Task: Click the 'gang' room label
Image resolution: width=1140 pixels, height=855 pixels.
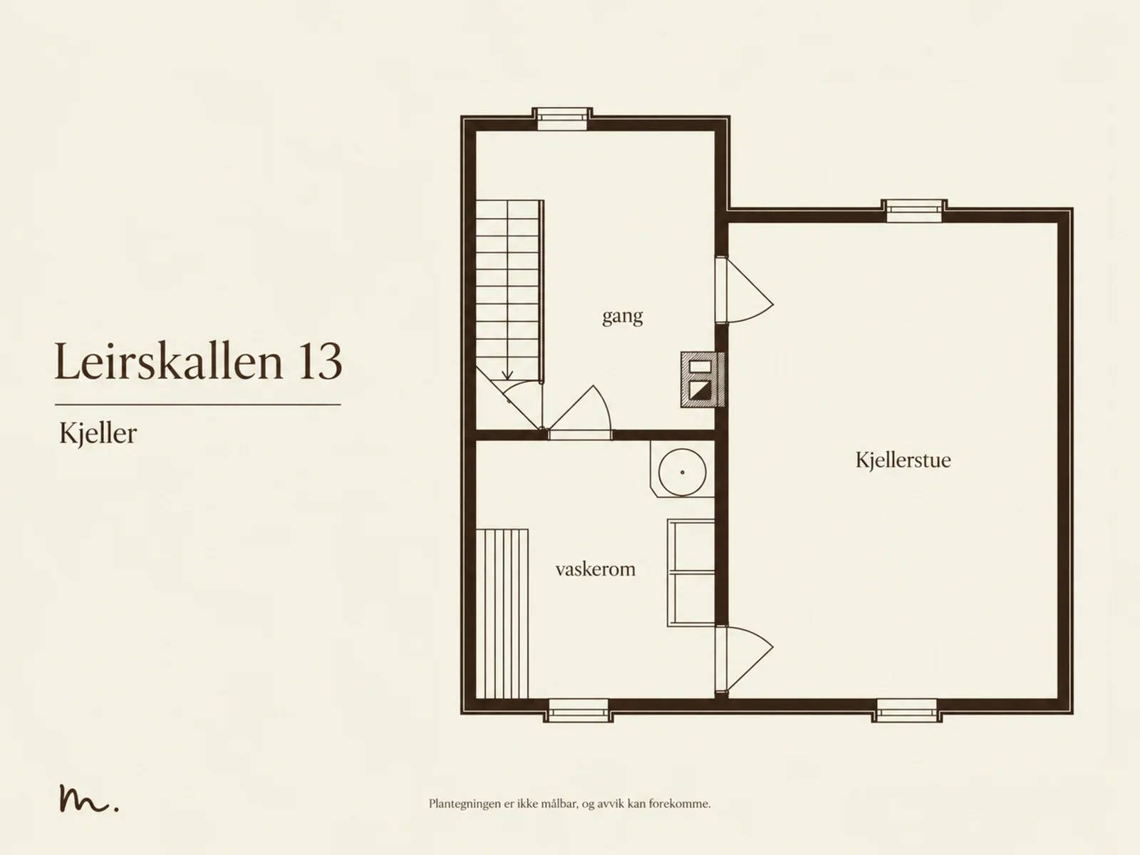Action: [622, 316]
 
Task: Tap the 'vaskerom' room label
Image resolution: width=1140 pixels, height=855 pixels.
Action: [595, 569]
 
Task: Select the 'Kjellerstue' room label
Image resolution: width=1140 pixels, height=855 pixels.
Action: [903, 460]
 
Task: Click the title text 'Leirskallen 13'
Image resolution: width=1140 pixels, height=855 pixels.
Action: [198, 361]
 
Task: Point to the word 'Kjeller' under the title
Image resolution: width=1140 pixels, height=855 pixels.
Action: [98, 433]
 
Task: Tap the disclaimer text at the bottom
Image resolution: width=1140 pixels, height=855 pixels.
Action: [570, 804]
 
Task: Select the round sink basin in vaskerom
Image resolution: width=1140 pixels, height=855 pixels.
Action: [682, 472]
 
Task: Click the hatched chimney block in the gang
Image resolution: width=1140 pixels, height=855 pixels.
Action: [703, 380]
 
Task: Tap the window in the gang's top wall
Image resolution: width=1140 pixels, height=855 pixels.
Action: [562, 119]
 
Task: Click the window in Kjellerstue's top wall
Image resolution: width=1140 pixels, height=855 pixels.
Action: [914, 211]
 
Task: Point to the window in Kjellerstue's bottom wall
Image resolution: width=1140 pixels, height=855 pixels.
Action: [906, 710]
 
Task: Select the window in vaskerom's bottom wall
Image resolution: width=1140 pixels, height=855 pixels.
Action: [578, 710]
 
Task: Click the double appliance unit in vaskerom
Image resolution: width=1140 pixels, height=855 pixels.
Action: [690, 573]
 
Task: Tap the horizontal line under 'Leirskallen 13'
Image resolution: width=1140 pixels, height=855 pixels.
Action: [198, 405]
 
